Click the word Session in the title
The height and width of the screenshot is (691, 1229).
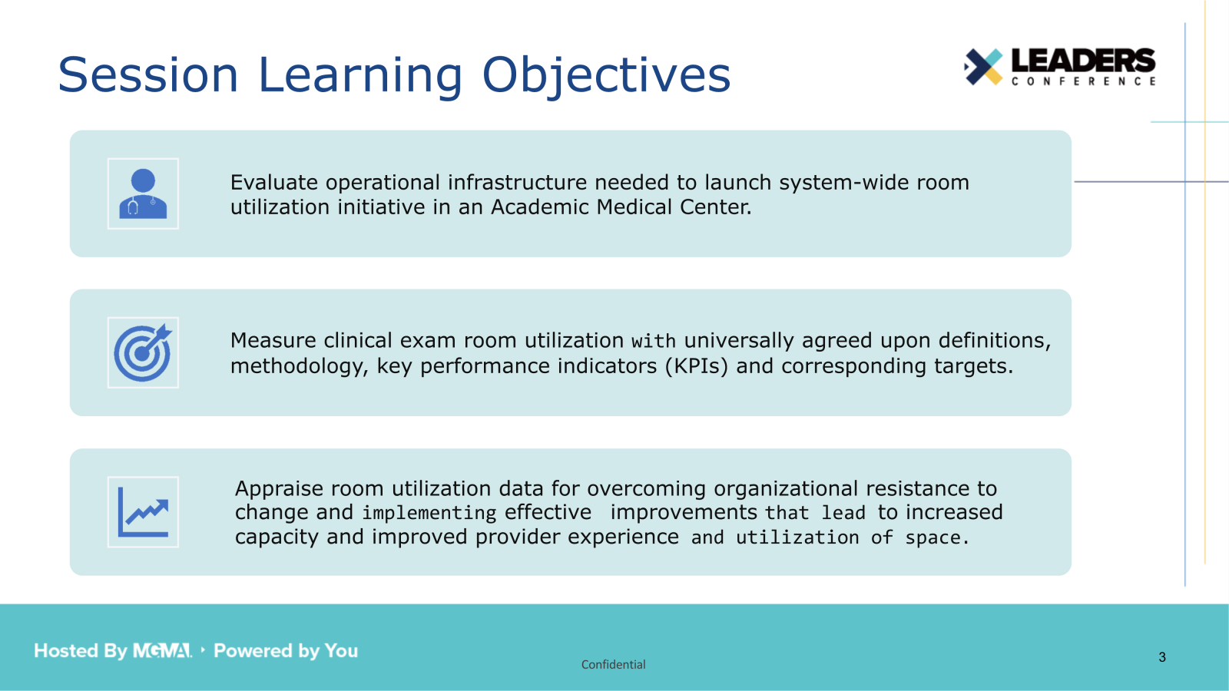click(148, 75)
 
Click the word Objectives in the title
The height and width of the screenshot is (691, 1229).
click(606, 75)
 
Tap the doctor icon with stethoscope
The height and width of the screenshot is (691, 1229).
click(143, 193)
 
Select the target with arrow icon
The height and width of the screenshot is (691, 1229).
click(143, 352)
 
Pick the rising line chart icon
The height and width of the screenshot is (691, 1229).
click(143, 512)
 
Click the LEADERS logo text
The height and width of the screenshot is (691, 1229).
click(1082, 61)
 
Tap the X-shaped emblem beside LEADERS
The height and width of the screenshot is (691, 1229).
click(983, 67)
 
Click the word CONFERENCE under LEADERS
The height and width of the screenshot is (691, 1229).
click(1082, 81)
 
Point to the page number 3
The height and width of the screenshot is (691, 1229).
click(1162, 657)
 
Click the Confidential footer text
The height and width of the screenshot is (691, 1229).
click(613, 665)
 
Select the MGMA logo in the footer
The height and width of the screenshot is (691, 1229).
click(162, 651)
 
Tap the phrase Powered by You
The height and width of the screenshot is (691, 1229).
click(286, 651)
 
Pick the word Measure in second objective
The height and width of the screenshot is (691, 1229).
click(273, 341)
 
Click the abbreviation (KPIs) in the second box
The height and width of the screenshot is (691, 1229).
click(696, 366)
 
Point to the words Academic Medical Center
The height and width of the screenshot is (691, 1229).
click(621, 207)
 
